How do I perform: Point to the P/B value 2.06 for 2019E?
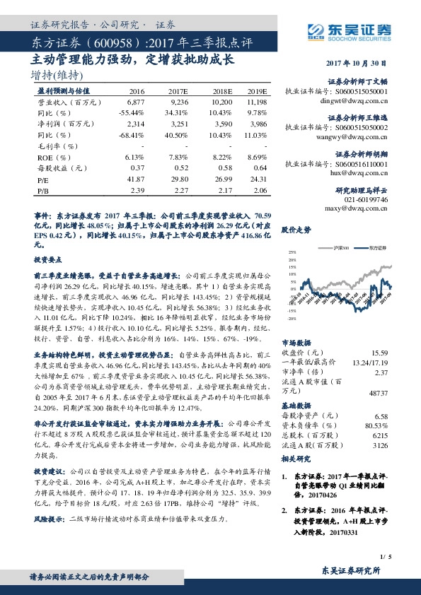[x=260, y=191]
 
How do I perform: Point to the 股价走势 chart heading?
[x=296, y=230]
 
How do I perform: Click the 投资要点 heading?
[x=47, y=260]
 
